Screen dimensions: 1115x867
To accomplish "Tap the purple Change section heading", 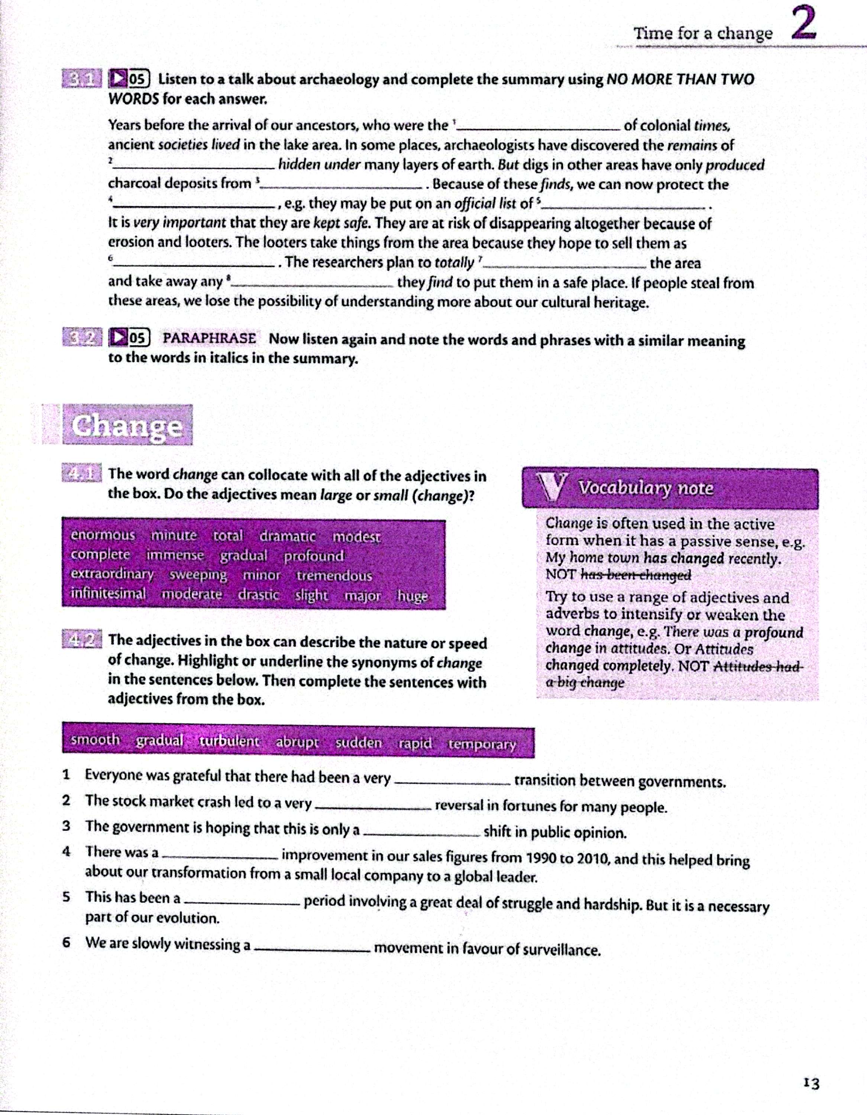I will pyautogui.click(x=127, y=425).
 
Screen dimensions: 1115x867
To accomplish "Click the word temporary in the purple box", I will pyautogui.click(x=482, y=744).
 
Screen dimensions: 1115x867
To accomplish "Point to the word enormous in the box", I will pyautogui.click(x=103, y=535).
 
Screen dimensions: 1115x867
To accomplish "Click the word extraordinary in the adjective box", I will pyautogui.click(x=112, y=574).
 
